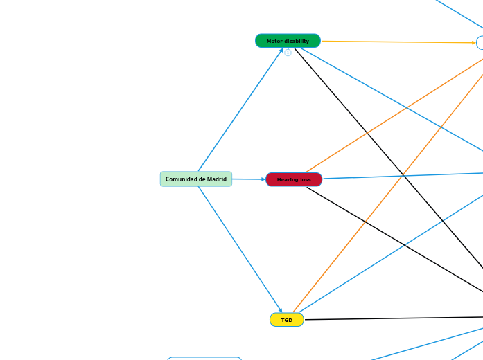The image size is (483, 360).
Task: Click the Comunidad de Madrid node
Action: (196, 179)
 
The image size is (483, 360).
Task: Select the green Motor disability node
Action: (288, 41)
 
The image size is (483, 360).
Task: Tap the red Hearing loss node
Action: (294, 180)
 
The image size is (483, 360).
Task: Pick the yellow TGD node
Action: (286, 320)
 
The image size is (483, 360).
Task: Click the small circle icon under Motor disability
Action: (288, 53)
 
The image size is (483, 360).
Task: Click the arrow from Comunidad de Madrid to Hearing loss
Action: (248, 180)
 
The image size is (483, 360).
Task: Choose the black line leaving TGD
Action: (395, 318)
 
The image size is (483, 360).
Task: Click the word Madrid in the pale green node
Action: (216, 179)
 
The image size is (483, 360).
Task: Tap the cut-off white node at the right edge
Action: (480, 43)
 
